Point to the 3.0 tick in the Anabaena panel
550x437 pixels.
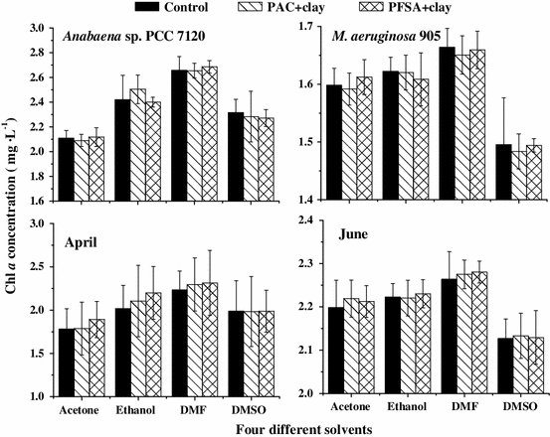pos(52,29)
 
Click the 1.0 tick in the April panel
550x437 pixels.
pos(52,396)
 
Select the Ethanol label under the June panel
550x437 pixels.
pos(407,408)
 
